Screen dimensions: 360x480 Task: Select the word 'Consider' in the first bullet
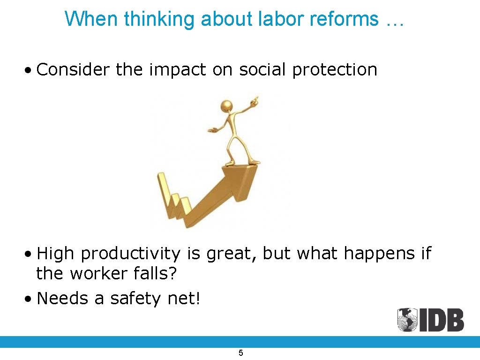click(73, 70)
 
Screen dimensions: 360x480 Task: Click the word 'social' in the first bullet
click(263, 70)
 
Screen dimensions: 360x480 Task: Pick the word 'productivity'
click(131, 254)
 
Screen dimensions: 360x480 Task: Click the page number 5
click(240, 353)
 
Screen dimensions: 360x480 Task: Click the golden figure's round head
click(227, 105)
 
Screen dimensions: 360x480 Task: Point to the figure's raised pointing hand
click(255, 99)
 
